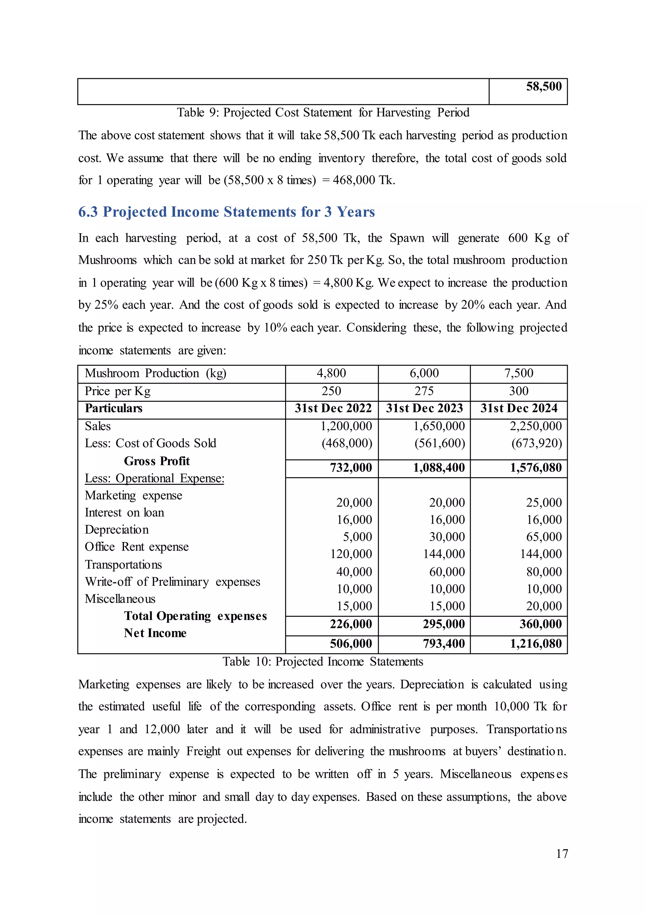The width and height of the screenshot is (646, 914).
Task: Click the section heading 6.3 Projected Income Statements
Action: tap(226, 212)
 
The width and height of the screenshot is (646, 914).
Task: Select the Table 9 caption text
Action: tap(323, 113)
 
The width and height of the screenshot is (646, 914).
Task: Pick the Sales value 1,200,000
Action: tap(346, 426)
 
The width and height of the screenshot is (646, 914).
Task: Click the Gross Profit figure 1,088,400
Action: tap(439, 468)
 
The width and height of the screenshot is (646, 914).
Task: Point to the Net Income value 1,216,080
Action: tap(536, 644)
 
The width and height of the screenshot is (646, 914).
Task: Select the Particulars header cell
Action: tap(114, 408)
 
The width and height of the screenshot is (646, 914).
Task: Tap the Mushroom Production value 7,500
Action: tap(518, 373)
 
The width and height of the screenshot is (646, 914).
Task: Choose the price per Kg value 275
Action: tap(424, 391)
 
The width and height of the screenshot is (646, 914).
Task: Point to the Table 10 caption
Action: tap(323, 662)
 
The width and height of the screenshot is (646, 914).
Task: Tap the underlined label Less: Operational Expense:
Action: tap(154, 478)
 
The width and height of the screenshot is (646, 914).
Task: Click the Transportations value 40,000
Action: tap(354, 572)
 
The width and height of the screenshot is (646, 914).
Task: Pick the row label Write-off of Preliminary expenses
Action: tap(172, 582)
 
